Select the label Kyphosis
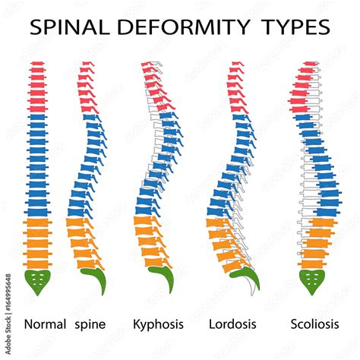pos(159,324)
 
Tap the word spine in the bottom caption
pos(90,324)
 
